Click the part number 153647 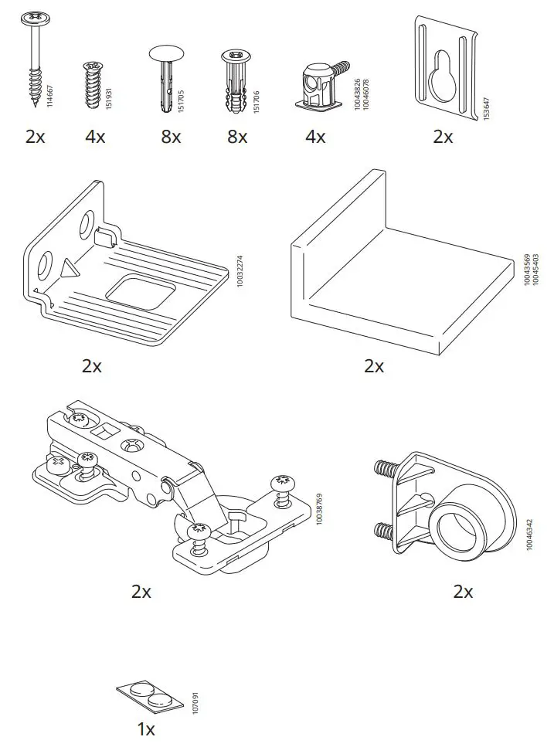[486, 109]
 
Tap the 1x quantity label [145, 729]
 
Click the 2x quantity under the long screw [35, 137]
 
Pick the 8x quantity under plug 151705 [171, 137]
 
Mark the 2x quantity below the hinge [141, 592]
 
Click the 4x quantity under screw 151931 [95, 137]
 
